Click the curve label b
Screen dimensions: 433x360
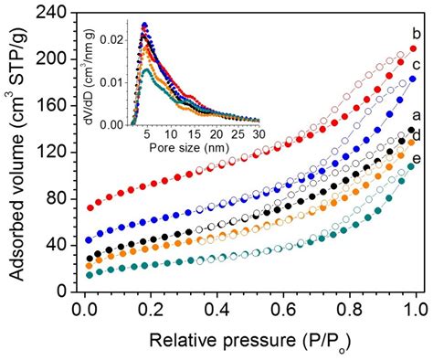[417, 34]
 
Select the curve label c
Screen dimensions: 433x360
[417, 65]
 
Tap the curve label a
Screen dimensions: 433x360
[417, 115]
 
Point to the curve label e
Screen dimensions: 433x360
[417, 159]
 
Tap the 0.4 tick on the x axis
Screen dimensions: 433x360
[217, 310]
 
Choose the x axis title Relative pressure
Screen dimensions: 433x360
[223, 341]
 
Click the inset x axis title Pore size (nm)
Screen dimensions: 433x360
[189, 148]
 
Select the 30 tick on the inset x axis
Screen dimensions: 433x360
[259, 134]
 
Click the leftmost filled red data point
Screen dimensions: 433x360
[90, 208]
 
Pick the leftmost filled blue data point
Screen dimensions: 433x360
[89, 240]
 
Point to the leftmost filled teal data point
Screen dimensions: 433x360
[90, 275]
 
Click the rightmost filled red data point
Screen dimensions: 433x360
[413, 48]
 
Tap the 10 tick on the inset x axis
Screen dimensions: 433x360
[172, 134]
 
